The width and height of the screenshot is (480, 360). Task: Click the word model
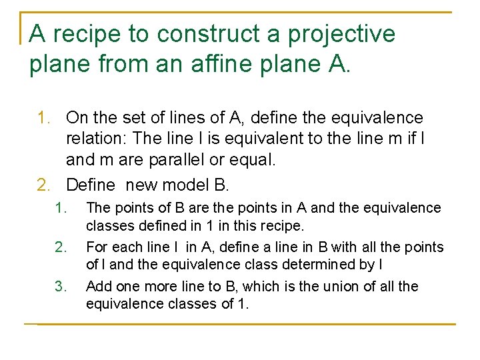pyautogui.click(x=194, y=183)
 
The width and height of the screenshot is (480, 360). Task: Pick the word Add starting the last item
pyautogui.click(x=99, y=287)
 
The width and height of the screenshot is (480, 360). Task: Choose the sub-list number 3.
pyautogui.click(x=61, y=287)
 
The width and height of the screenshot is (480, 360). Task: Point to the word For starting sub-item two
pyautogui.click(x=97, y=247)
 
